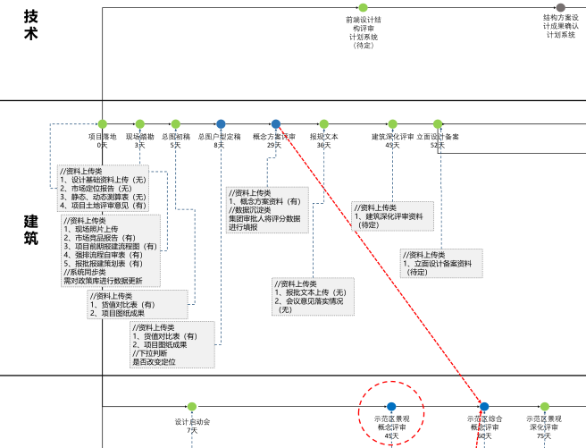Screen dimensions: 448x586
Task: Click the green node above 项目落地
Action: pyautogui.click(x=103, y=123)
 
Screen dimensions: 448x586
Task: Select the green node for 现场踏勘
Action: pyautogui.click(x=139, y=123)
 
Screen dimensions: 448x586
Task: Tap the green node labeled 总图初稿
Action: pyautogui.click(x=175, y=123)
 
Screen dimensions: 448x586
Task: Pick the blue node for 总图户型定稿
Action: pyautogui.click(x=220, y=123)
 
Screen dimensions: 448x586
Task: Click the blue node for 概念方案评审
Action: pyautogui.click(x=275, y=123)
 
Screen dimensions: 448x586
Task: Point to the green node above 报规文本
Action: pyautogui.click(x=323, y=123)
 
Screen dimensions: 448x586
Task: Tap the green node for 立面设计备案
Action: pyautogui.click(x=437, y=123)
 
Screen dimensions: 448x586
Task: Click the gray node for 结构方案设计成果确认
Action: pyautogui.click(x=560, y=7)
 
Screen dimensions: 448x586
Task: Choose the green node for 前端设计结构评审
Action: pyautogui.click(x=363, y=7)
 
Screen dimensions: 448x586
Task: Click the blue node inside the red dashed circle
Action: pyautogui.click(x=391, y=407)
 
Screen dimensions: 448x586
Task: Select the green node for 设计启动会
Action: pyautogui.click(x=192, y=407)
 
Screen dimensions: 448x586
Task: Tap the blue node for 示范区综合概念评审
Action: pyautogui.click(x=484, y=407)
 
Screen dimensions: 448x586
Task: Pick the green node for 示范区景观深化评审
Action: pyautogui.click(x=544, y=407)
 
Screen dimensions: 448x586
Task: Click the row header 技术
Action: pyautogui.click(x=31, y=25)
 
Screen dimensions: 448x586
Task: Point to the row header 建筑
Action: pyautogui.click(x=31, y=228)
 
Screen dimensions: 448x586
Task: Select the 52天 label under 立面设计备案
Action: pyautogui.click(x=437, y=145)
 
